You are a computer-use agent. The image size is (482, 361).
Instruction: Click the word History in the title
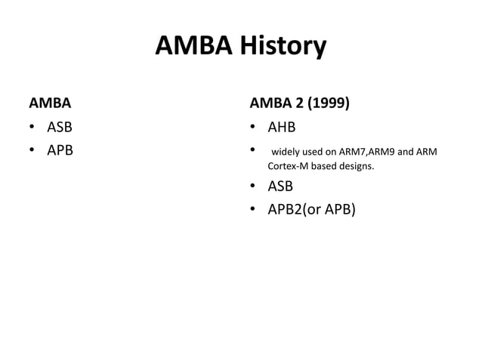click(x=283, y=46)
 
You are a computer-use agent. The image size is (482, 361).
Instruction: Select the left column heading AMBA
click(x=51, y=101)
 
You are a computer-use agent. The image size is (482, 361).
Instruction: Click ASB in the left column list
click(x=60, y=126)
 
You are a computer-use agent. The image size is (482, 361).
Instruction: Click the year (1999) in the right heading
click(x=326, y=101)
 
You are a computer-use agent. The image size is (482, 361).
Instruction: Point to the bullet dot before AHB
click(x=253, y=126)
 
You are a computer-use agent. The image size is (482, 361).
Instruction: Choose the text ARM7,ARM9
click(x=367, y=152)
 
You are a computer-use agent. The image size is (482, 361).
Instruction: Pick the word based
click(x=323, y=166)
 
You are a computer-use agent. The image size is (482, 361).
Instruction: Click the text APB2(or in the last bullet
click(x=295, y=209)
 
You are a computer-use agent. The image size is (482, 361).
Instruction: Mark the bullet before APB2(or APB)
click(x=253, y=209)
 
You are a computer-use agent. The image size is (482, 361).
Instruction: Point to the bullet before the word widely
click(x=253, y=151)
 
